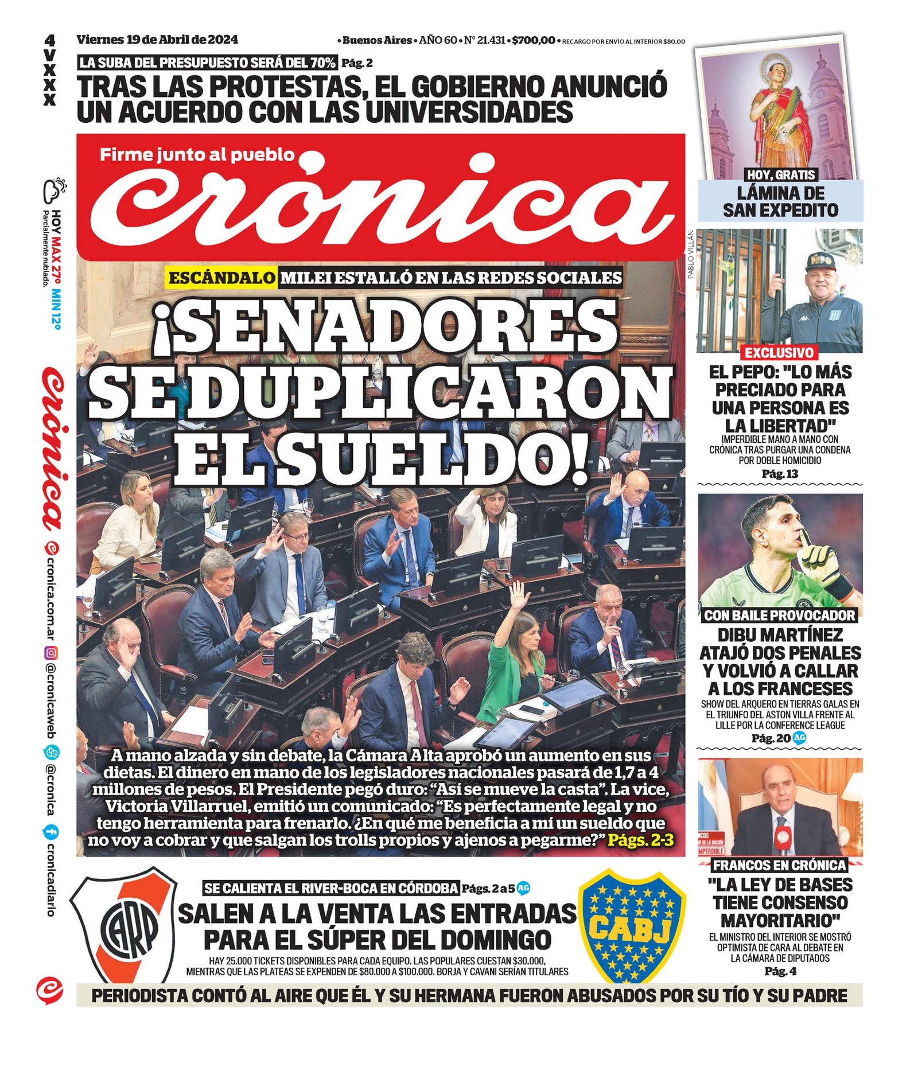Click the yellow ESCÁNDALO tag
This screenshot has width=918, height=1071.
coord(222,278)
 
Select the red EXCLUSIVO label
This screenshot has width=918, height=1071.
coord(779,352)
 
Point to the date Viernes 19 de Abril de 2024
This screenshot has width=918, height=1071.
coord(157,40)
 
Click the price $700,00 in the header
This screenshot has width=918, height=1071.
coord(533,40)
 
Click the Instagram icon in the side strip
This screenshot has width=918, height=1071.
coord(51,652)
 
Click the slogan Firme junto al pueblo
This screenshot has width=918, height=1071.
coord(197,155)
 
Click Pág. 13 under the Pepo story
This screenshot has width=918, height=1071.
coord(779,474)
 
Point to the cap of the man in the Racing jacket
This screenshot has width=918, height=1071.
coord(820,261)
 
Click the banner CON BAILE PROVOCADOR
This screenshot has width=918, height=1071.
coord(779,616)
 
